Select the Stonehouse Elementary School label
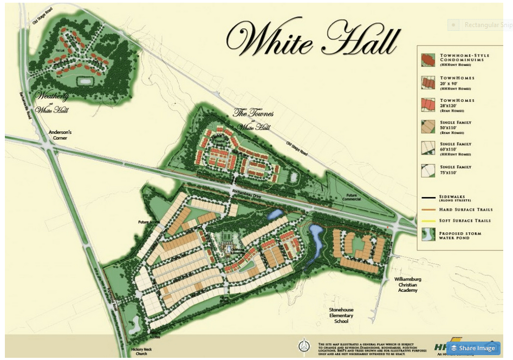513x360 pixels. coord(341,315)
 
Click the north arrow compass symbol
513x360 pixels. coord(305,344)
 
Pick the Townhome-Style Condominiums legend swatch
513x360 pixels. coord(428,60)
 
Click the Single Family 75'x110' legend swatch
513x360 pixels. coord(428,171)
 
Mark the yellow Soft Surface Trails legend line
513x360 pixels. coord(428,221)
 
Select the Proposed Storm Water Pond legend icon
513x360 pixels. coord(428,235)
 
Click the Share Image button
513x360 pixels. coord(473,348)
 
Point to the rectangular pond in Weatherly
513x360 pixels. coord(85,81)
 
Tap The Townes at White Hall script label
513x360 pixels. coord(251,120)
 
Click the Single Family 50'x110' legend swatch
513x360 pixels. coord(428,126)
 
